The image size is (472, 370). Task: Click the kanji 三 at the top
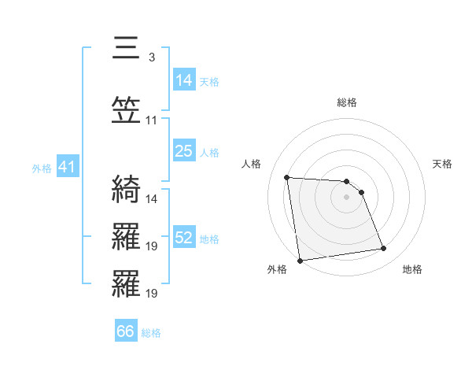pyautogui.click(x=127, y=49)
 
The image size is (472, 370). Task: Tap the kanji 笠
pyautogui.click(x=127, y=112)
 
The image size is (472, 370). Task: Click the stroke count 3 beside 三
pyautogui.click(x=151, y=57)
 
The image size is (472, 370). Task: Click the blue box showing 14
pyautogui.click(x=184, y=80)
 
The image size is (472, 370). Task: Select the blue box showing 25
pyautogui.click(x=184, y=151)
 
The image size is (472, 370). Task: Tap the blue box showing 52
pyautogui.click(x=184, y=238)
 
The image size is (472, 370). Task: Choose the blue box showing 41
pyautogui.click(x=67, y=167)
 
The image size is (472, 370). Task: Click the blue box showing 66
pyautogui.click(x=126, y=331)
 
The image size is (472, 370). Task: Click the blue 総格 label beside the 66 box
pyautogui.click(x=151, y=333)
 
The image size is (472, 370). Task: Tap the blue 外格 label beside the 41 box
pyautogui.click(x=42, y=168)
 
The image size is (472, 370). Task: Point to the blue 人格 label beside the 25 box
pyautogui.click(x=209, y=153)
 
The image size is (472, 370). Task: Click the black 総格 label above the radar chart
pyautogui.click(x=347, y=102)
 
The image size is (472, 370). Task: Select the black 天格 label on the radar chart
pyautogui.click(x=442, y=164)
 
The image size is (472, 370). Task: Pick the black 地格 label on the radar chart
pyautogui.click(x=412, y=269)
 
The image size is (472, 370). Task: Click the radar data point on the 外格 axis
pyautogui.click(x=300, y=260)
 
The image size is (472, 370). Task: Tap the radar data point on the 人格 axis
pyautogui.click(x=287, y=177)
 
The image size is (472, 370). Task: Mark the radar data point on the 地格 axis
pyautogui.click(x=384, y=249)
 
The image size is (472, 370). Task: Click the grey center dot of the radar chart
pyautogui.click(x=347, y=197)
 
